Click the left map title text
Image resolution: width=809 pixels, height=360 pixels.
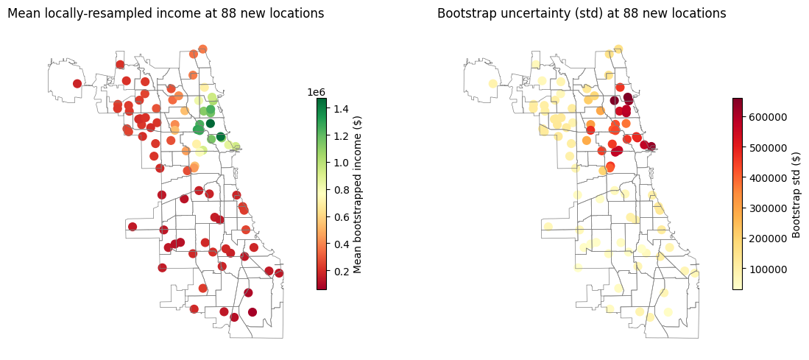(x=166, y=13)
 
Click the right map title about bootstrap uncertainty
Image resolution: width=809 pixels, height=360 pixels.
(x=582, y=13)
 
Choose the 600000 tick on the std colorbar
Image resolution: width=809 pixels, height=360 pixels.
(x=760, y=118)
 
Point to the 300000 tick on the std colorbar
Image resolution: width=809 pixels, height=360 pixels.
(x=760, y=208)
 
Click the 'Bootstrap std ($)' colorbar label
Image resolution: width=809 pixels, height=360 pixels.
(x=796, y=194)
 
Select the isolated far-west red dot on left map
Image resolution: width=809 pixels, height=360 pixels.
(x=77, y=83)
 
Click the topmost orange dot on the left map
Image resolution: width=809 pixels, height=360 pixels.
(x=202, y=49)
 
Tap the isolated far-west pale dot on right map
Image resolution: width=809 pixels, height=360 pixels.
(x=492, y=83)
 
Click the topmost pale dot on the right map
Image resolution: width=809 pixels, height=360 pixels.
(x=618, y=49)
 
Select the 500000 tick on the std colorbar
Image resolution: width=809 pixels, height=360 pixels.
(x=760, y=148)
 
